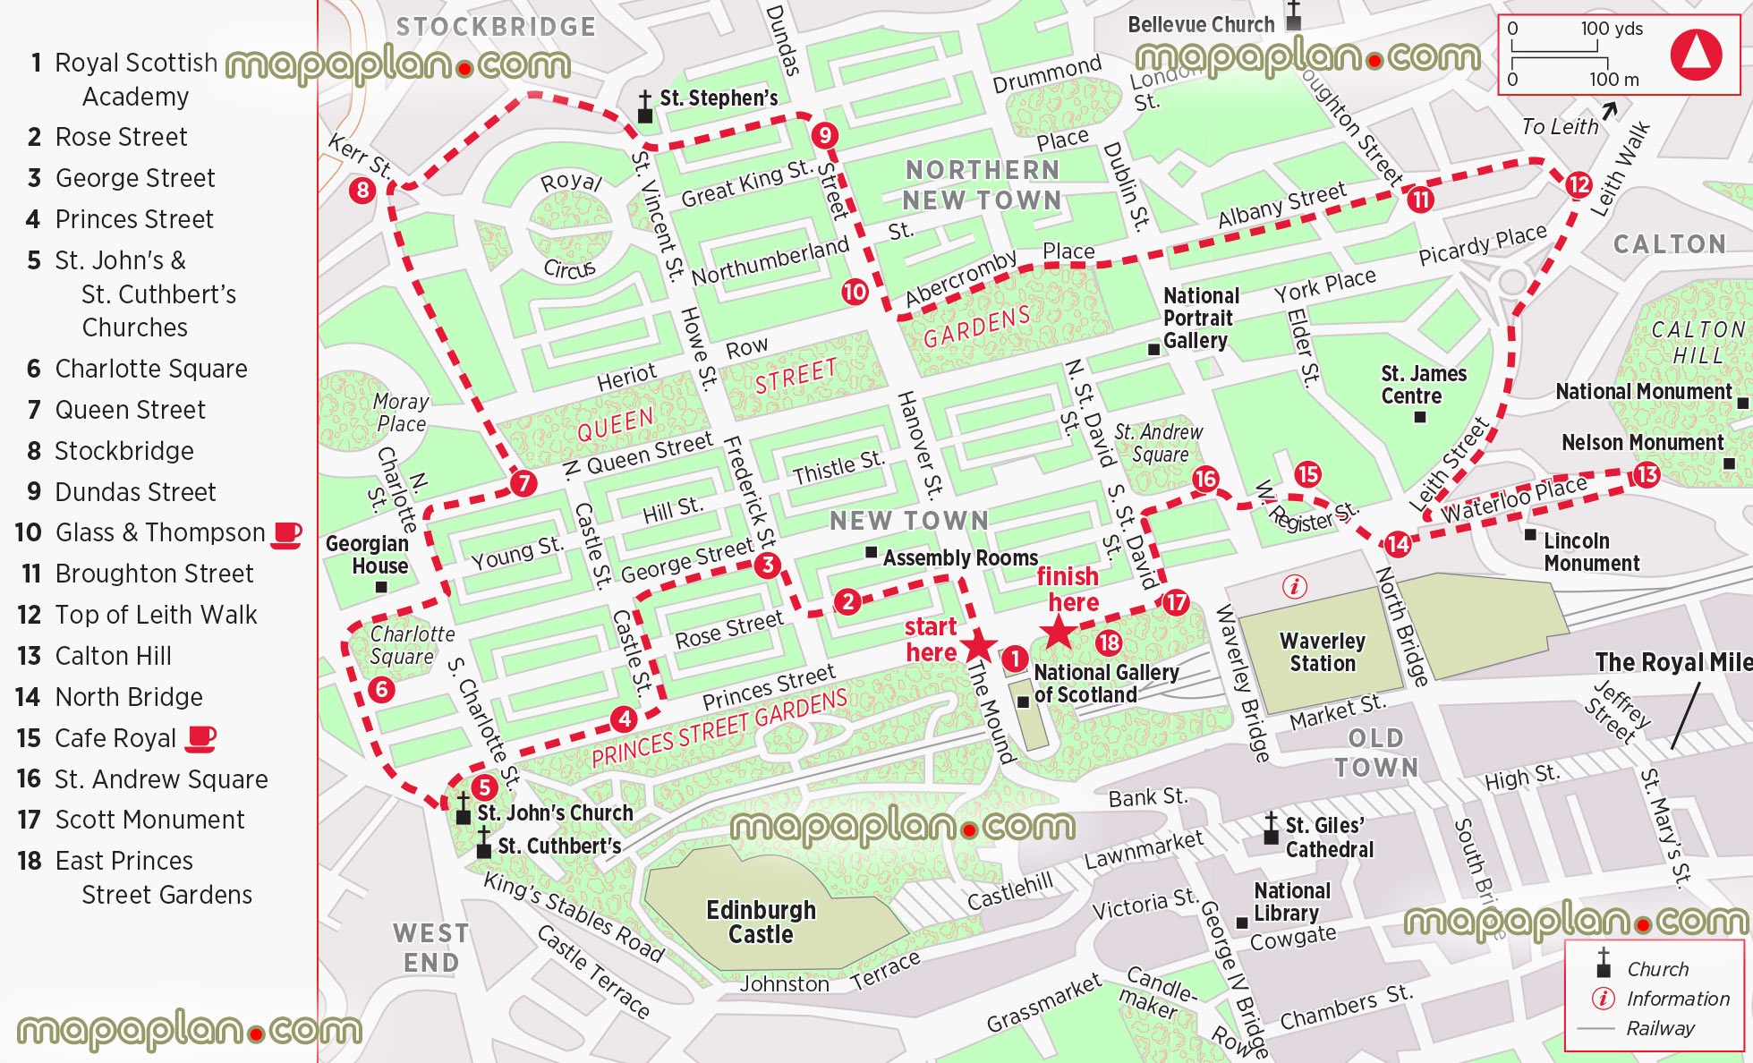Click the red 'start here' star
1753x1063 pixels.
click(x=979, y=644)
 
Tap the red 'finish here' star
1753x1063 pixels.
click(x=1059, y=633)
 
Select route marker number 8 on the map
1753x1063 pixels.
click(x=362, y=190)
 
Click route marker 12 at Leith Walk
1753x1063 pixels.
click(x=1579, y=185)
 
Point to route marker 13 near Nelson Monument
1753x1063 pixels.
click(x=1646, y=474)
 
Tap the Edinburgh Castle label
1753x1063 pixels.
click(x=761, y=923)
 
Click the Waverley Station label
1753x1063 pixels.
click(x=1323, y=652)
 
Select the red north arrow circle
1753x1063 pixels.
click(x=1696, y=55)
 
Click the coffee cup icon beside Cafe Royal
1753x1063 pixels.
click(x=200, y=738)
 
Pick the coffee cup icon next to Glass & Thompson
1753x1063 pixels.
click(x=286, y=534)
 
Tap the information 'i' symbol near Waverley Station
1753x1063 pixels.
click(x=1295, y=587)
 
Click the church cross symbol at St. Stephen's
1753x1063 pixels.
click(x=644, y=106)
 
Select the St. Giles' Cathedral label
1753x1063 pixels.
click(x=1328, y=838)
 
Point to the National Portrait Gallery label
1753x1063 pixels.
click(x=1200, y=319)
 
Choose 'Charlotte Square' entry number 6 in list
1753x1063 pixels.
click(x=150, y=369)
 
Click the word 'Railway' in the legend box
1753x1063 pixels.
click(x=1660, y=1028)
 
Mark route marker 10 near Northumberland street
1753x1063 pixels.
click(x=855, y=291)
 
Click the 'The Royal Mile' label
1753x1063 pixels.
click(x=1672, y=662)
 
